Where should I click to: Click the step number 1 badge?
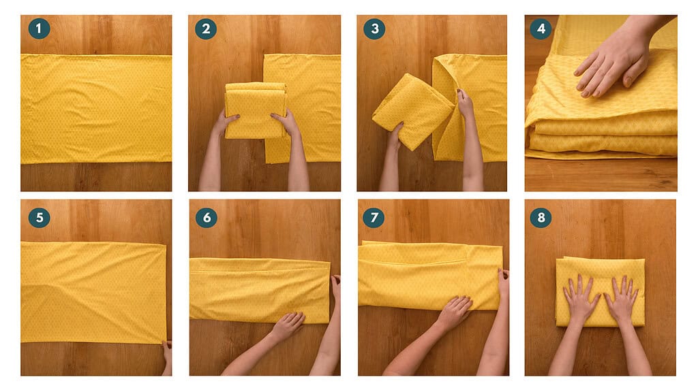tap(39, 29)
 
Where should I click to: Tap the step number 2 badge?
tap(206, 29)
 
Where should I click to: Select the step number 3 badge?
tap(374, 29)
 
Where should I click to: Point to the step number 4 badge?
tap(541, 29)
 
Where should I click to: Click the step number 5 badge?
tap(39, 217)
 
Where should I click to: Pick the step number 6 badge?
tap(207, 217)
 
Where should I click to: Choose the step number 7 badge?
tap(374, 217)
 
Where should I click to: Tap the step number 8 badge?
tap(541, 217)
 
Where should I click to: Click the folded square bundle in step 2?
tap(255, 110)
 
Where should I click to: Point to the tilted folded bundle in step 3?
tap(413, 111)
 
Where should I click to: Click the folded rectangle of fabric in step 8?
tap(600, 291)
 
